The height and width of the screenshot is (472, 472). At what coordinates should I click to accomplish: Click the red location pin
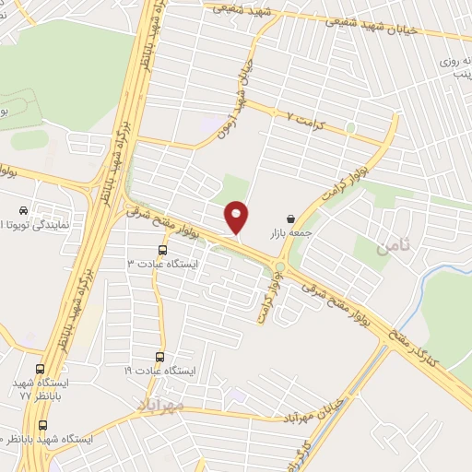(x=237, y=218)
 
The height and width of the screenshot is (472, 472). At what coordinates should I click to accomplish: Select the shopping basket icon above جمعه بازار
(x=291, y=219)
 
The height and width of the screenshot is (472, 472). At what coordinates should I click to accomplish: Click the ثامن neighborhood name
(x=390, y=244)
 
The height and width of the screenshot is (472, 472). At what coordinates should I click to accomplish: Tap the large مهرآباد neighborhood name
(x=160, y=404)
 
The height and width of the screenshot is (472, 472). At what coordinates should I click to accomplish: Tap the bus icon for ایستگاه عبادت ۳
(x=163, y=249)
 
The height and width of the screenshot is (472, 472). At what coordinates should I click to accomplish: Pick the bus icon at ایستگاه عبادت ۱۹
(x=159, y=357)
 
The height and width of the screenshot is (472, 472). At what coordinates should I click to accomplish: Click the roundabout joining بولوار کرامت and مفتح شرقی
(x=279, y=267)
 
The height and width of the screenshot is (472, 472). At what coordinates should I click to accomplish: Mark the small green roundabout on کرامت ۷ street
(x=351, y=127)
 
